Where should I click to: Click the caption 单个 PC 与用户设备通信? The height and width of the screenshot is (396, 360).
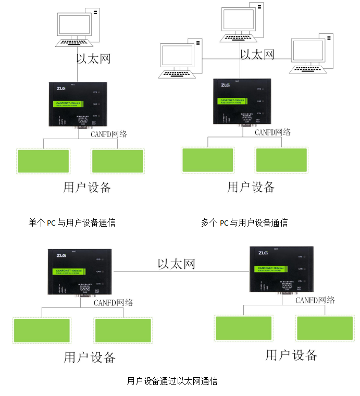(71, 223)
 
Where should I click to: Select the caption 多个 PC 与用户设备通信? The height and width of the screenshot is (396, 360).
(244, 223)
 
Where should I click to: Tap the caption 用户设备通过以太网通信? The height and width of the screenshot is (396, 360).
(172, 381)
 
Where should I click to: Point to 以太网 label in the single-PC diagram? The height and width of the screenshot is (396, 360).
(94, 58)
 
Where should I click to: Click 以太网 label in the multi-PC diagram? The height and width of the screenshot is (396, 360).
(257, 54)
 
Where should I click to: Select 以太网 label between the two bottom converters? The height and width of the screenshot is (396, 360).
(176, 264)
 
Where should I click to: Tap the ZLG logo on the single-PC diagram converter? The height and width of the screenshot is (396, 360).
(61, 88)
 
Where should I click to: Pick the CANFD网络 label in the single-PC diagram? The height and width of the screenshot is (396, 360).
(109, 134)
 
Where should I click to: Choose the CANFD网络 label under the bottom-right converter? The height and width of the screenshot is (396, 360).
(315, 300)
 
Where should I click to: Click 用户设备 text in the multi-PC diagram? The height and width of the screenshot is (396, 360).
(251, 187)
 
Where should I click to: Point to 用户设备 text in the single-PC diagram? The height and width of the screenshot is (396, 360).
(87, 187)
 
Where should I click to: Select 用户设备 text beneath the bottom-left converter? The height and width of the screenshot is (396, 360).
(90, 357)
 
